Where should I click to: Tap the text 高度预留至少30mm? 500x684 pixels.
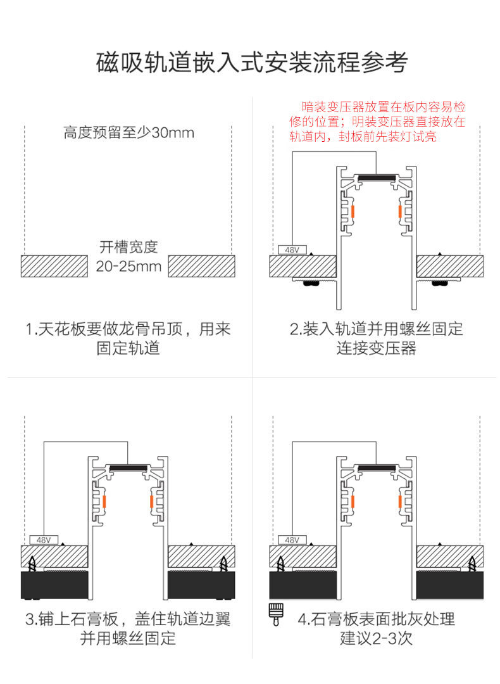tap(128, 133)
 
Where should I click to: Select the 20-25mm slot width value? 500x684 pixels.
tap(128, 266)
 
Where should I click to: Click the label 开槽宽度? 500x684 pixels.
tap(128, 246)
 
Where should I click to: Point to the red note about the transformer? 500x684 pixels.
tap(377, 122)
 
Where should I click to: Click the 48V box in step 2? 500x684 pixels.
tap(291, 250)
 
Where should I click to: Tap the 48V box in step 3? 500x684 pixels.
tap(43, 540)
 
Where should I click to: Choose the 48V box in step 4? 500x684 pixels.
tap(291, 540)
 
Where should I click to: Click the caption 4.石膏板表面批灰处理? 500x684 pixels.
tap(377, 619)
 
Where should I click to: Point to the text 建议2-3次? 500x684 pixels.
tap(377, 638)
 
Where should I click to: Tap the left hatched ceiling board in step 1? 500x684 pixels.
tap(54, 266)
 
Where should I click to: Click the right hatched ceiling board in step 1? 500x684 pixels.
tap(202, 266)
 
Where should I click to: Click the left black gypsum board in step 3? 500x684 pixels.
tap(54, 585)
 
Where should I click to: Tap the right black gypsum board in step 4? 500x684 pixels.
tap(450, 585)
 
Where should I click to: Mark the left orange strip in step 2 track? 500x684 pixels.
tap(354, 210)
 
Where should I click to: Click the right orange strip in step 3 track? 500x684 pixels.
tap(151, 501)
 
